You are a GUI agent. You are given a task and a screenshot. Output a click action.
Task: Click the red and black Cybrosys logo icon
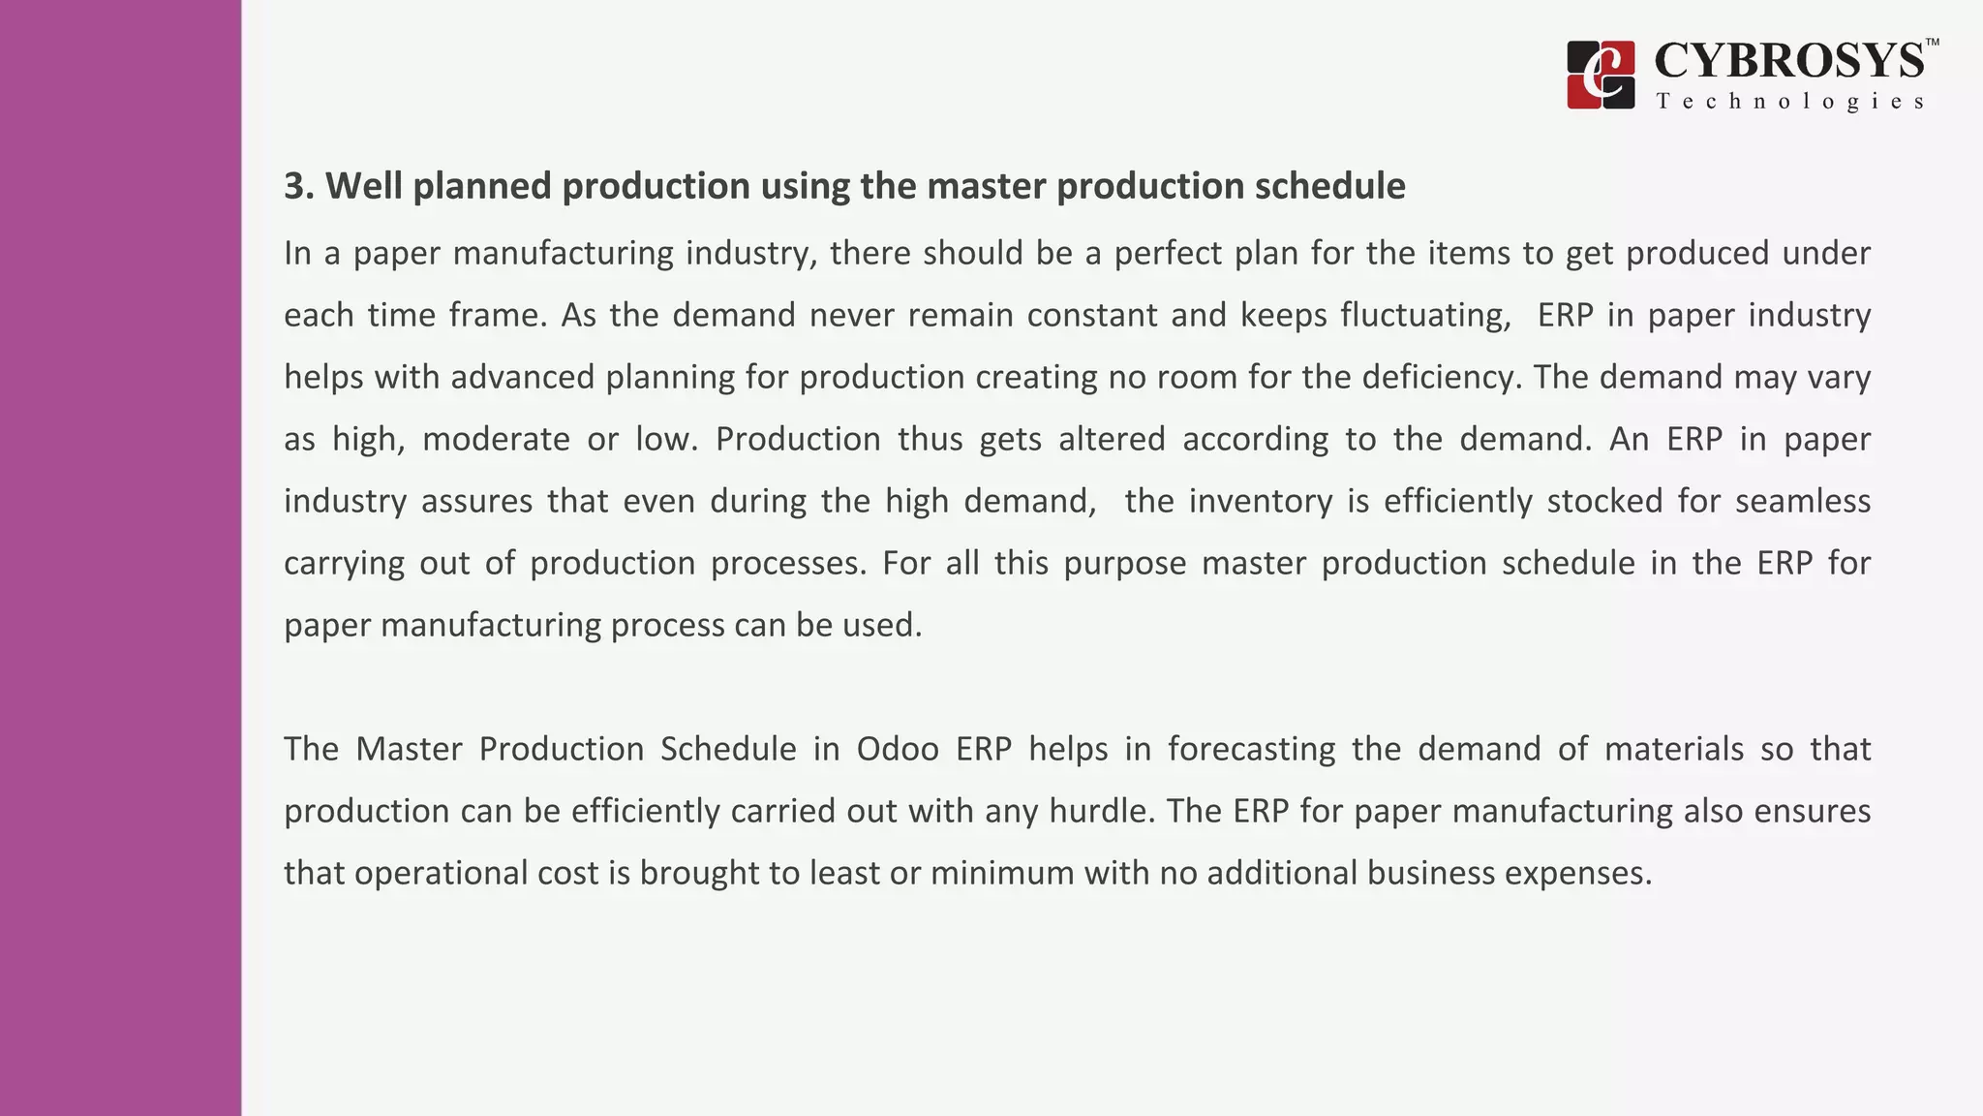point(1601,75)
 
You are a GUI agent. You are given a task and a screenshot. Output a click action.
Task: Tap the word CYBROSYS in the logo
point(1789,61)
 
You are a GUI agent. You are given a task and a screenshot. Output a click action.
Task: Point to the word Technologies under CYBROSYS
point(1789,102)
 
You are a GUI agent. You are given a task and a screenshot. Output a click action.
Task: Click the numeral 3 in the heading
point(294,186)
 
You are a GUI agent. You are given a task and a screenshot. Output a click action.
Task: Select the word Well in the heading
point(364,186)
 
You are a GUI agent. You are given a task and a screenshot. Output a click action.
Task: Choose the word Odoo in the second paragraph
point(898,749)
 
